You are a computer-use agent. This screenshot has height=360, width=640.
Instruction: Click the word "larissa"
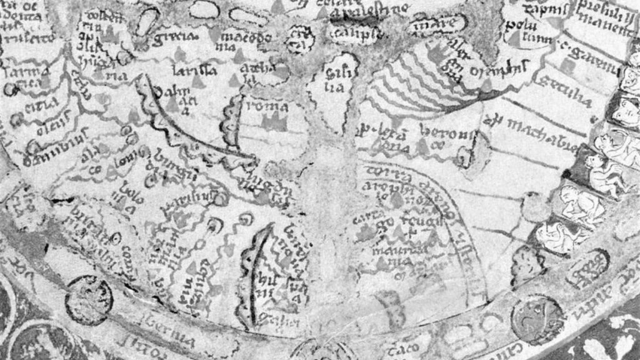point(192,69)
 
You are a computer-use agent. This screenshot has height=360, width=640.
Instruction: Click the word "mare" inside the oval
point(438,25)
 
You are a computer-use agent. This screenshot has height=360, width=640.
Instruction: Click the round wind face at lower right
point(537,319)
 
